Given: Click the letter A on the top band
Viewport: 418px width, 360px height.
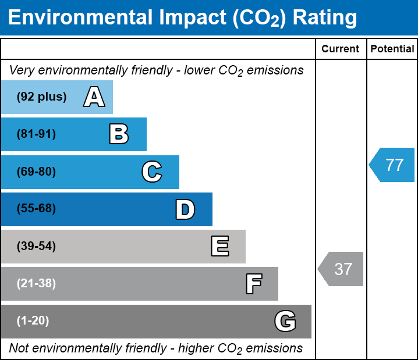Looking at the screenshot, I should pyautogui.click(x=94, y=97).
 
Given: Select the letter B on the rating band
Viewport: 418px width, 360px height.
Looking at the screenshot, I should pyautogui.click(x=119, y=134).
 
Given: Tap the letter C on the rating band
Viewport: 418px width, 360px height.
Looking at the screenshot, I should pyautogui.click(x=151, y=172).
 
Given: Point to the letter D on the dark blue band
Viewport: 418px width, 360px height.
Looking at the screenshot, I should pyautogui.click(x=185, y=209).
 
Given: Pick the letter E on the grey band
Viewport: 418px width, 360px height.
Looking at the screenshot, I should pyautogui.click(x=219, y=246).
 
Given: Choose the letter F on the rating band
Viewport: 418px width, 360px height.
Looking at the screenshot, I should pyautogui.click(x=253, y=284).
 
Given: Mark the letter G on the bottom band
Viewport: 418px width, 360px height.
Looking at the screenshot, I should pyautogui.click(x=285, y=321).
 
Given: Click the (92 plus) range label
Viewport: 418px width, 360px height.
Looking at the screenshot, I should pyautogui.click(x=41, y=97).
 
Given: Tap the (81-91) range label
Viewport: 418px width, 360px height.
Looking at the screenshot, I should pyautogui.click(x=36, y=134).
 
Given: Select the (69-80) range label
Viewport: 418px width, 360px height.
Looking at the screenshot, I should pyautogui.click(x=36, y=172).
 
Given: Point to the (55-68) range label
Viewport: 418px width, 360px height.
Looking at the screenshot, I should pyautogui.click(x=36, y=209).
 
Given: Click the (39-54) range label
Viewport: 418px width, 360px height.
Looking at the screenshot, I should pyautogui.click(x=36, y=246).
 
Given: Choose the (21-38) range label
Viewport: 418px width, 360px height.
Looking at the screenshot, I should pyautogui.click(x=36, y=284).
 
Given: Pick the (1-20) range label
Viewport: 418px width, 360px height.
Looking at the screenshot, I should pyautogui.click(x=33, y=321).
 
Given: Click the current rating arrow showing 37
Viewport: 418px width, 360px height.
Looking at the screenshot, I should pyautogui.click(x=342, y=269).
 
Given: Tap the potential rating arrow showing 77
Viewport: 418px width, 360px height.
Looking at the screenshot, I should pyautogui.click(x=393, y=165).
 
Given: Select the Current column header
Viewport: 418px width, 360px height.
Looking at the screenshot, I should pyautogui.click(x=341, y=49).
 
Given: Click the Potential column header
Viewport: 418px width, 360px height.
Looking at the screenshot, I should pyautogui.click(x=392, y=49).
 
